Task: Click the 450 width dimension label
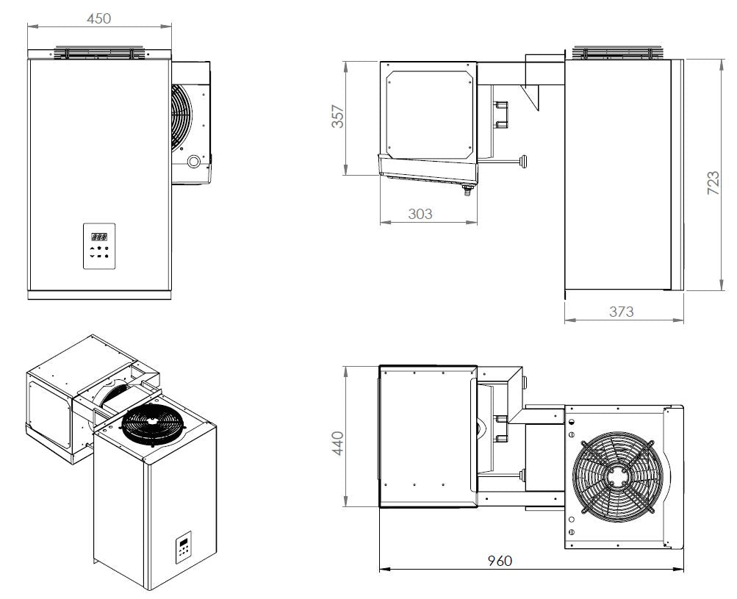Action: click(99, 18)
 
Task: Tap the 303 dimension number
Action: click(420, 214)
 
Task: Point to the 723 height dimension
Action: click(713, 182)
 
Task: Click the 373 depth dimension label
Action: click(621, 311)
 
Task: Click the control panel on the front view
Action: click(99, 245)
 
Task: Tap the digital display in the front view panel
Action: click(99, 237)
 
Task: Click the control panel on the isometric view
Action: click(184, 551)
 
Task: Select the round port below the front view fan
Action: click(193, 162)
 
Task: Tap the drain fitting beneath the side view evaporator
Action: click(464, 193)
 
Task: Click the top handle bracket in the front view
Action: click(99, 53)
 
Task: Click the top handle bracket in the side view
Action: click(619, 53)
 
